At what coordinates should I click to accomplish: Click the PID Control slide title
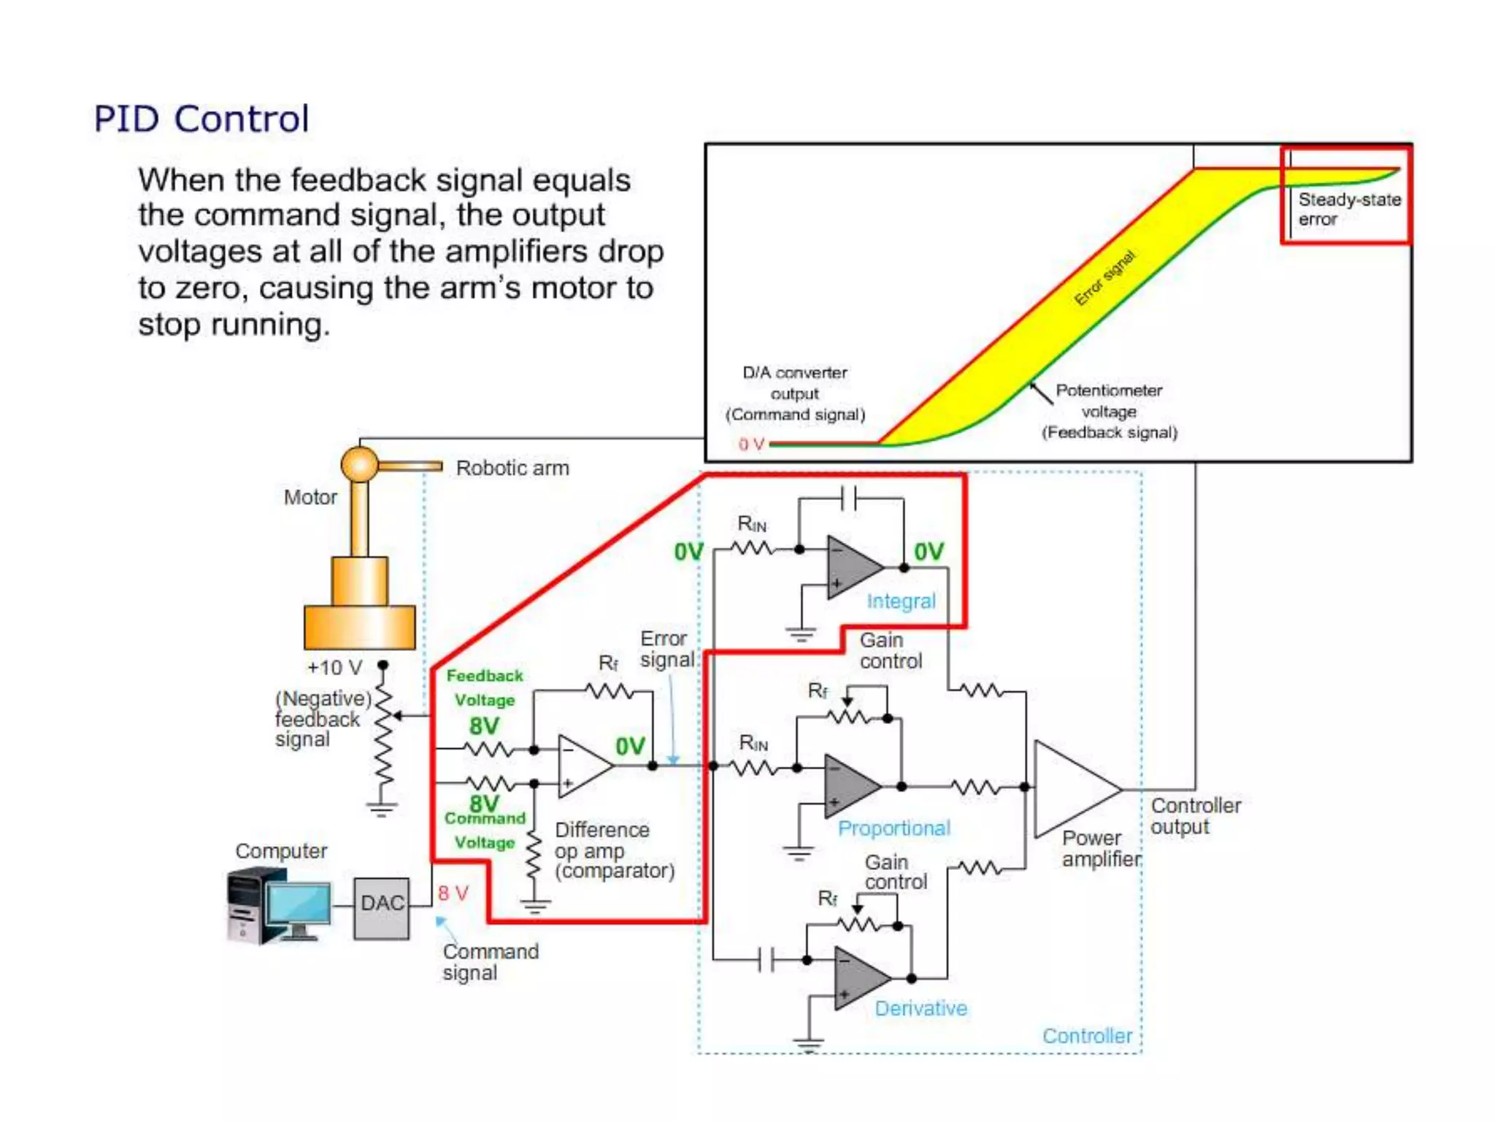[201, 119]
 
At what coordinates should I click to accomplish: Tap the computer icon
[278, 906]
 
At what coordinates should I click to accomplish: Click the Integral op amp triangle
[850, 567]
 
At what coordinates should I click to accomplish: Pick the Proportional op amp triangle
[848, 787]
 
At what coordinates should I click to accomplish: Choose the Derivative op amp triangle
[858, 978]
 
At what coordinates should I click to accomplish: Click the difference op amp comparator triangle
[582, 766]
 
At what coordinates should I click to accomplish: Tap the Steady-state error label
[1348, 209]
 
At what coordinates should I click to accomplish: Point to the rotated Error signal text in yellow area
[1105, 278]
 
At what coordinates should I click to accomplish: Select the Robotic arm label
[512, 468]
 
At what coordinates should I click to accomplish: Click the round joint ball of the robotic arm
[360, 464]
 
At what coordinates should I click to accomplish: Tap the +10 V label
[334, 668]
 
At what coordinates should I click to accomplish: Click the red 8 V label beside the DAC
[453, 893]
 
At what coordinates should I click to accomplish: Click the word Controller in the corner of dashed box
[1086, 1036]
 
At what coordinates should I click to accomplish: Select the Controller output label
[1195, 816]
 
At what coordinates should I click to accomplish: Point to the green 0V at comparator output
[629, 746]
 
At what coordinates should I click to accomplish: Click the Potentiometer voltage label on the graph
[1108, 411]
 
